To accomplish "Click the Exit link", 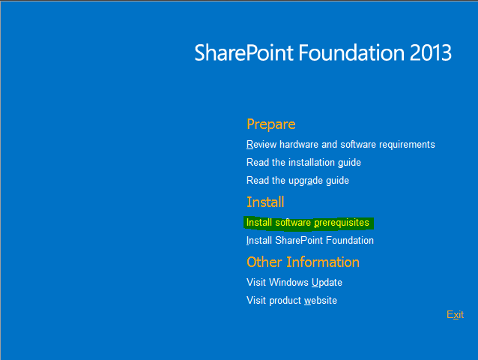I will [x=455, y=315].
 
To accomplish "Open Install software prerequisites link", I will [x=307, y=223].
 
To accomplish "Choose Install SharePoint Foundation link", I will [x=309, y=241].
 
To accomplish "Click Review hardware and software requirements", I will [x=340, y=144].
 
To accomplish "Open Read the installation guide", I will [x=303, y=162].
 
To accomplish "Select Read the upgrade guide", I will [x=297, y=180].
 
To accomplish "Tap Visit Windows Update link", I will [x=294, y=283].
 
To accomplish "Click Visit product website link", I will [x=291, y=301].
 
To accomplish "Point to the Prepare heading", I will [x=270, y=124].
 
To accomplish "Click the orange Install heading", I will [x=265, y=202].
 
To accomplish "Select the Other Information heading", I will [x=303, y=262].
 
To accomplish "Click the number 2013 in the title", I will [x=431, y=53].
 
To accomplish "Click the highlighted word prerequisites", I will [x=341, y=223].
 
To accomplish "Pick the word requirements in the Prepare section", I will [x=405, y=144].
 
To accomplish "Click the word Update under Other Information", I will [x=327, y=283].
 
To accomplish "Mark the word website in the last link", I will [x=321, y=301].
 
